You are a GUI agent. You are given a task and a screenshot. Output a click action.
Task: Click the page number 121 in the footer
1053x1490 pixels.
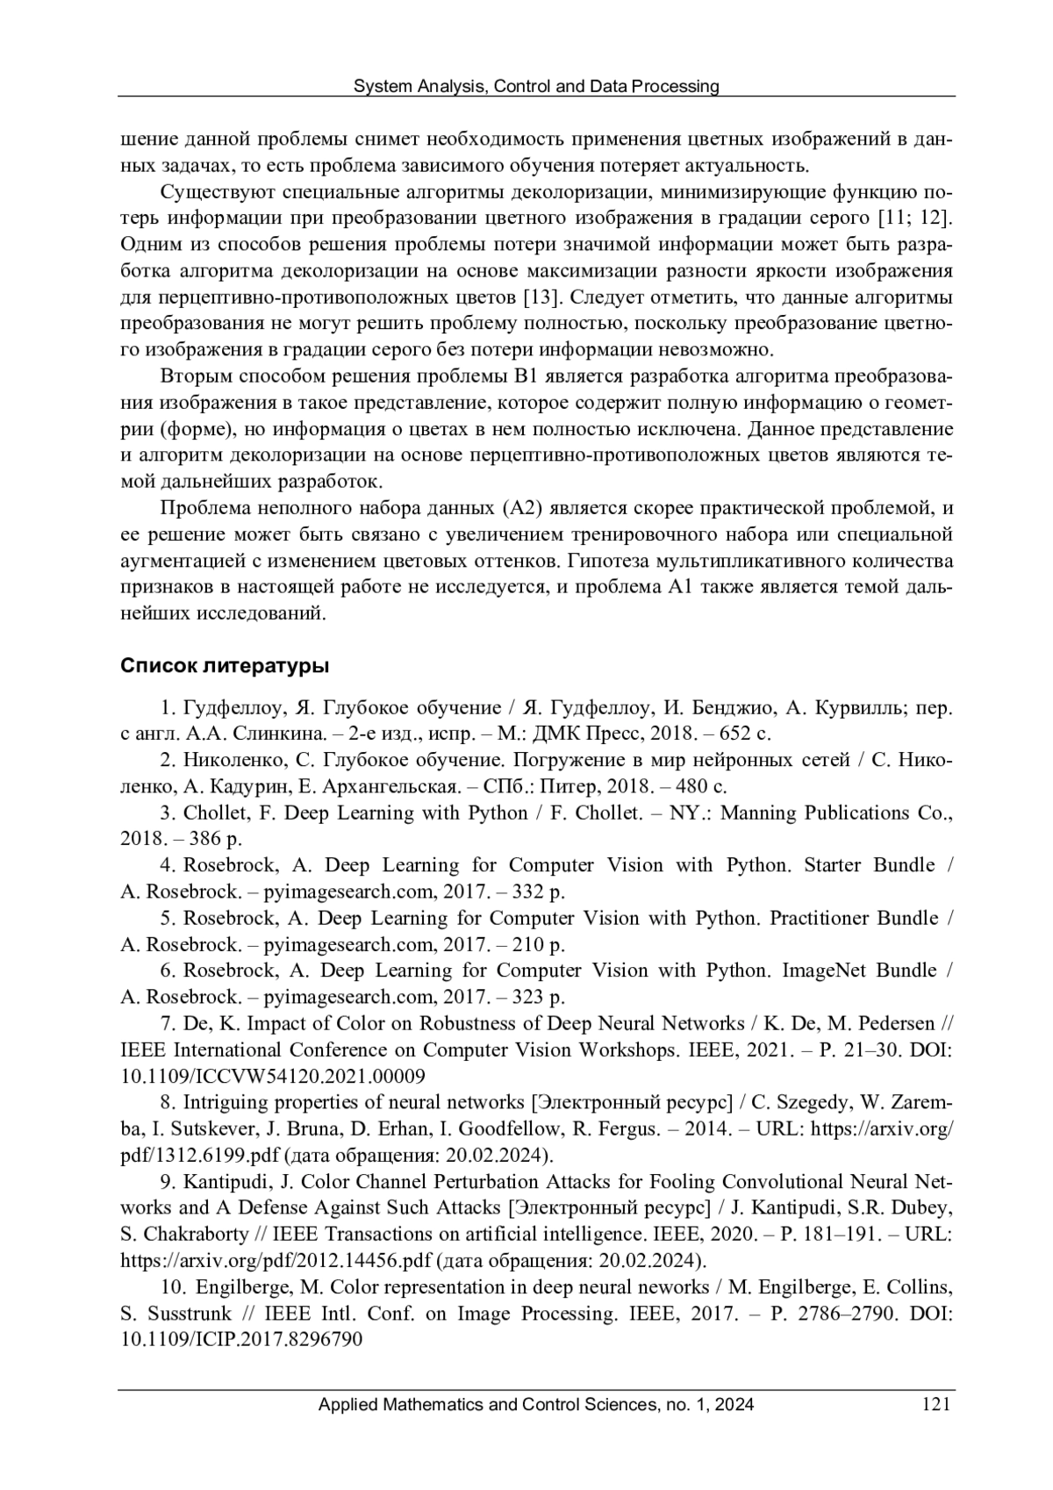point(936,1405)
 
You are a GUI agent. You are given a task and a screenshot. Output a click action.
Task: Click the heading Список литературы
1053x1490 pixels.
point(224,666)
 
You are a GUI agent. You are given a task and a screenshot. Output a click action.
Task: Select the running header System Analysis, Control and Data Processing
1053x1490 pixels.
point(535,86)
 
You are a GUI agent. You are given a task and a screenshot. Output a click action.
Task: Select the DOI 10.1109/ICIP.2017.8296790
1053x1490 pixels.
point(241,1340)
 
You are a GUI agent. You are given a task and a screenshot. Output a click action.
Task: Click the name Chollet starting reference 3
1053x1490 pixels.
point(215,813)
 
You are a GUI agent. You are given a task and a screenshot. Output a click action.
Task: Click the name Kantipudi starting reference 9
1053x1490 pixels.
point(226,1182)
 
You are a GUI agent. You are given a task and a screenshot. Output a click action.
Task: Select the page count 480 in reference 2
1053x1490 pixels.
point(693,786)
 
